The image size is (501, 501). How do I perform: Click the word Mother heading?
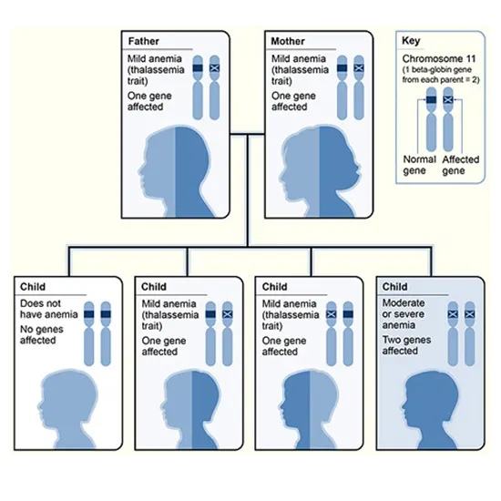289,42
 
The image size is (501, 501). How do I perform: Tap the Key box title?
412,42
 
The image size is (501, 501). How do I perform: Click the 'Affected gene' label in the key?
461,165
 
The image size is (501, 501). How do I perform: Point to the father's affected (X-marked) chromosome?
216,89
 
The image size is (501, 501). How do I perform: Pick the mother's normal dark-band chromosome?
343,89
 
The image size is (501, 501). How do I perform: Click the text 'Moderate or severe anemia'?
410,309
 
